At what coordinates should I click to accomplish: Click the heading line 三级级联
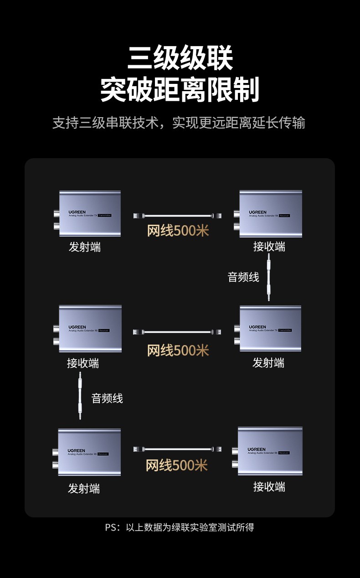(180, 58)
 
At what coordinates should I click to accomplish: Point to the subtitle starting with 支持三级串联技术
(179, 123)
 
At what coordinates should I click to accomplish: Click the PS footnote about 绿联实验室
(180, 527)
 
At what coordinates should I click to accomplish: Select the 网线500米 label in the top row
(178, 231)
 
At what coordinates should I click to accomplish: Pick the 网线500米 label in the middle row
(178, 350)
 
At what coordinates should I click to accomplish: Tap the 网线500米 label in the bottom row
(177, 465)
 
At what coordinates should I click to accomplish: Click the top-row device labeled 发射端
(89, 213)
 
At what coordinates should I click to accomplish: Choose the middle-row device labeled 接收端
(89, 329)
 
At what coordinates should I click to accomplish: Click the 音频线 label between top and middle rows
(243, 277)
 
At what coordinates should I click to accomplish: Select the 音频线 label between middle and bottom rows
(107, 398)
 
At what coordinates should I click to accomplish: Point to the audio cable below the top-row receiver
(269, 277)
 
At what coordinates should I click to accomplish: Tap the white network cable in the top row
(178, 215)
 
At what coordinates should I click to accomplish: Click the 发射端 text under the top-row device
(85, 247)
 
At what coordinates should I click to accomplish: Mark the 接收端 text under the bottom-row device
(269, 487)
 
